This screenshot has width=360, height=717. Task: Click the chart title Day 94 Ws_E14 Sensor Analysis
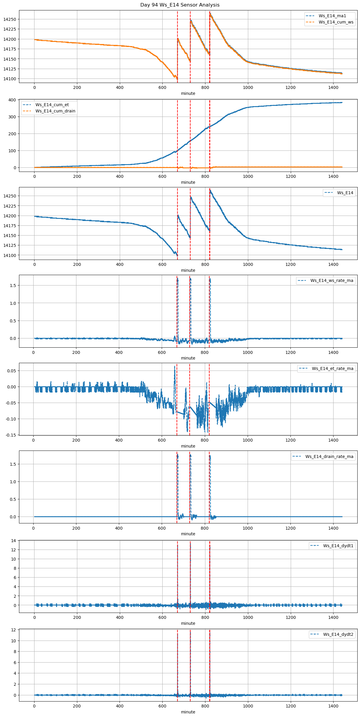pos(180,5)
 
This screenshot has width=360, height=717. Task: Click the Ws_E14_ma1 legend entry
pos(332,16)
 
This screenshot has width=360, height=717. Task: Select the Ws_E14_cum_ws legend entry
pos(336,22)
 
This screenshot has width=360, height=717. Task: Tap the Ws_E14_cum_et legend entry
pos(52,105)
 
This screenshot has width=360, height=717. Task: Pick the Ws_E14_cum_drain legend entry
pos(55,111)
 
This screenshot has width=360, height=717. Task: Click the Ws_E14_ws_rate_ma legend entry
pos(332,280)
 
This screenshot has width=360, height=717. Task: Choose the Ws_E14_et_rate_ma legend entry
pos(332,368)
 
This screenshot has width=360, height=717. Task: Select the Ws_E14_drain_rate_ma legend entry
pos(329,456)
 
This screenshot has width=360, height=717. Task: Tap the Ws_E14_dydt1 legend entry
pos(338,546)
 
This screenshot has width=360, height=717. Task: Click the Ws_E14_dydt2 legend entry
pos(338,634)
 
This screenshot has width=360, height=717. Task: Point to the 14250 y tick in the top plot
pos(10,19)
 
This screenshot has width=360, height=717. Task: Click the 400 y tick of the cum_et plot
pos(12,100)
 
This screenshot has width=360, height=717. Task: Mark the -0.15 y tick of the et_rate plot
pos(11,435)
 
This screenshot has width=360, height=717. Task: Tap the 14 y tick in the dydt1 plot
pos(14,541)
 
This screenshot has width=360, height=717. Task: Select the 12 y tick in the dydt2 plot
pos(14,630)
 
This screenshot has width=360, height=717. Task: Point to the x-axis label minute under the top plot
pos(188,93)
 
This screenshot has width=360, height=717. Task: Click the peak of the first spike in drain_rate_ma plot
pos(177,455)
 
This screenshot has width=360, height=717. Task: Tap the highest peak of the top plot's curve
pos(210,14)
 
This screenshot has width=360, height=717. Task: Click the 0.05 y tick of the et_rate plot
pos(11,371)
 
